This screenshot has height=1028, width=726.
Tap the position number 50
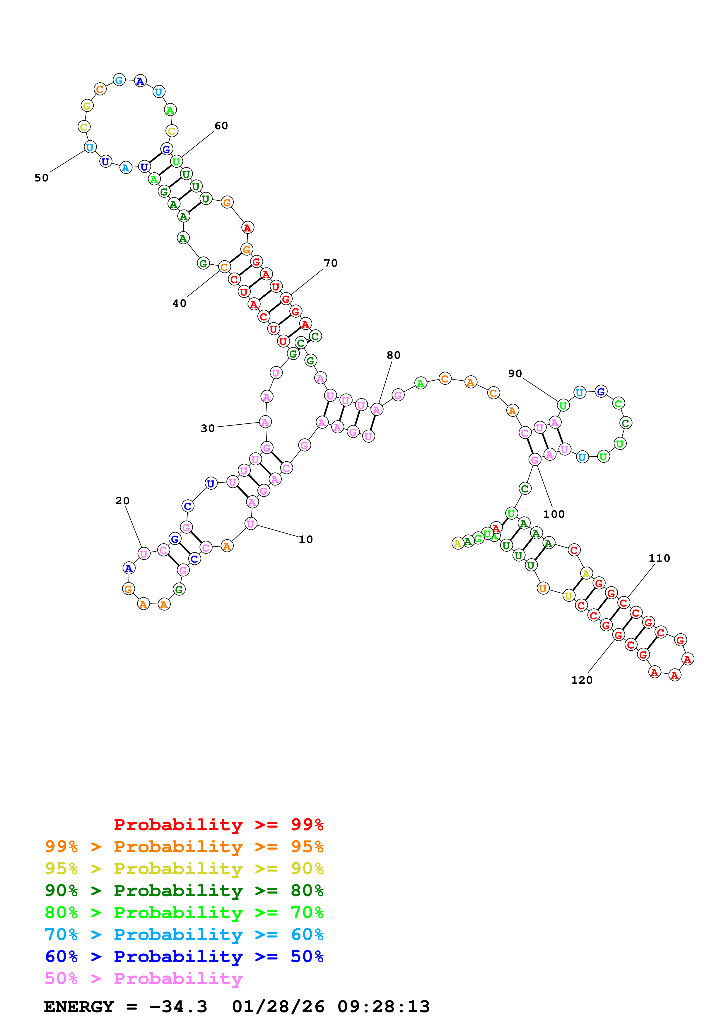[42, 178]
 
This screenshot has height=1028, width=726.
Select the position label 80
[393, 355]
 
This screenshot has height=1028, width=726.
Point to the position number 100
[554, 515]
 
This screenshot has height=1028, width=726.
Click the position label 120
[582, 680]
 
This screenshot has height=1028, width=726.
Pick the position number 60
[221, 126]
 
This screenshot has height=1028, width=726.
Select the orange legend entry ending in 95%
[184, 847]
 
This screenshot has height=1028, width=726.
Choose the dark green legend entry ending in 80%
[184, 891]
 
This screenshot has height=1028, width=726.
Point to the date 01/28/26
[278, 1007]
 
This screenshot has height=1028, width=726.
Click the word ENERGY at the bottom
[79, 1007]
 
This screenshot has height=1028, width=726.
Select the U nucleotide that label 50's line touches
[90, 147]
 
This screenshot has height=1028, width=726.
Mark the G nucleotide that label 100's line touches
[534, 459]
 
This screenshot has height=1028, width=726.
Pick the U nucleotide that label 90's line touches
[563, 406]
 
